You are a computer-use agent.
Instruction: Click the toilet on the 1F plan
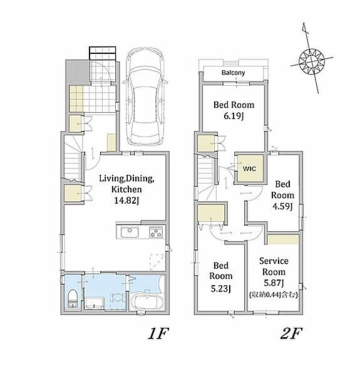(72, 298)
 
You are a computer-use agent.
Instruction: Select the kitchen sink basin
(130, 232)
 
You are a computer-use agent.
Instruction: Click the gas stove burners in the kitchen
(156, 232)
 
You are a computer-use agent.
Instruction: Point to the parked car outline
(145, 97)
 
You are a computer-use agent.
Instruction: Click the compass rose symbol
(312, 61)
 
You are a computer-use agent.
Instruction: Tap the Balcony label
(233, 73)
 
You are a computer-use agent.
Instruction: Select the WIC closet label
(249, 169)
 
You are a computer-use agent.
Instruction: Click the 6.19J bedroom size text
(234, 117)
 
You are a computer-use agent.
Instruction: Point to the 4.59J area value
(282, 206)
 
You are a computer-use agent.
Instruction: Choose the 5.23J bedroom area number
(220, 288)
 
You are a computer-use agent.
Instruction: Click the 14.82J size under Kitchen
(126, 201)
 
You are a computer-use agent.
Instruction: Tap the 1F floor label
(158, 333)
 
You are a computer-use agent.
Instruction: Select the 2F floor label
(291, 333)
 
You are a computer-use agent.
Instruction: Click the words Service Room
(274, 266)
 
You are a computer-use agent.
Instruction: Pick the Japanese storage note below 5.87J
(274, 295)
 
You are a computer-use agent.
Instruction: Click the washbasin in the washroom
(117, 298)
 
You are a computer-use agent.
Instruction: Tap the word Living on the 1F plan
(111, 179)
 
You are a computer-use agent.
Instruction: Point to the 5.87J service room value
(274, 283)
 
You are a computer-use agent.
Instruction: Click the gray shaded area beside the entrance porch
(78, 71)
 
